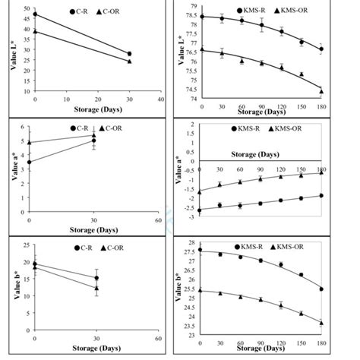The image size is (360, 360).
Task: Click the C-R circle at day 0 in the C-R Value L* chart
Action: click(35, 14)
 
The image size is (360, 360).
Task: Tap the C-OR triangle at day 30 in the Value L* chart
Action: click(129, 62)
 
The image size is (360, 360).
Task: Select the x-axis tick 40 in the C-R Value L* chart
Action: click(160, 99)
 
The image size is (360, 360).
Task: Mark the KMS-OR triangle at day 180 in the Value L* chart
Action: click(321, 91)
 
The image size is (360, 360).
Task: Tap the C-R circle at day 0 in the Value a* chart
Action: click(30, 162)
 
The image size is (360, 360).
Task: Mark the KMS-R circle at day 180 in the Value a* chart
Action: click(321, 195)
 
